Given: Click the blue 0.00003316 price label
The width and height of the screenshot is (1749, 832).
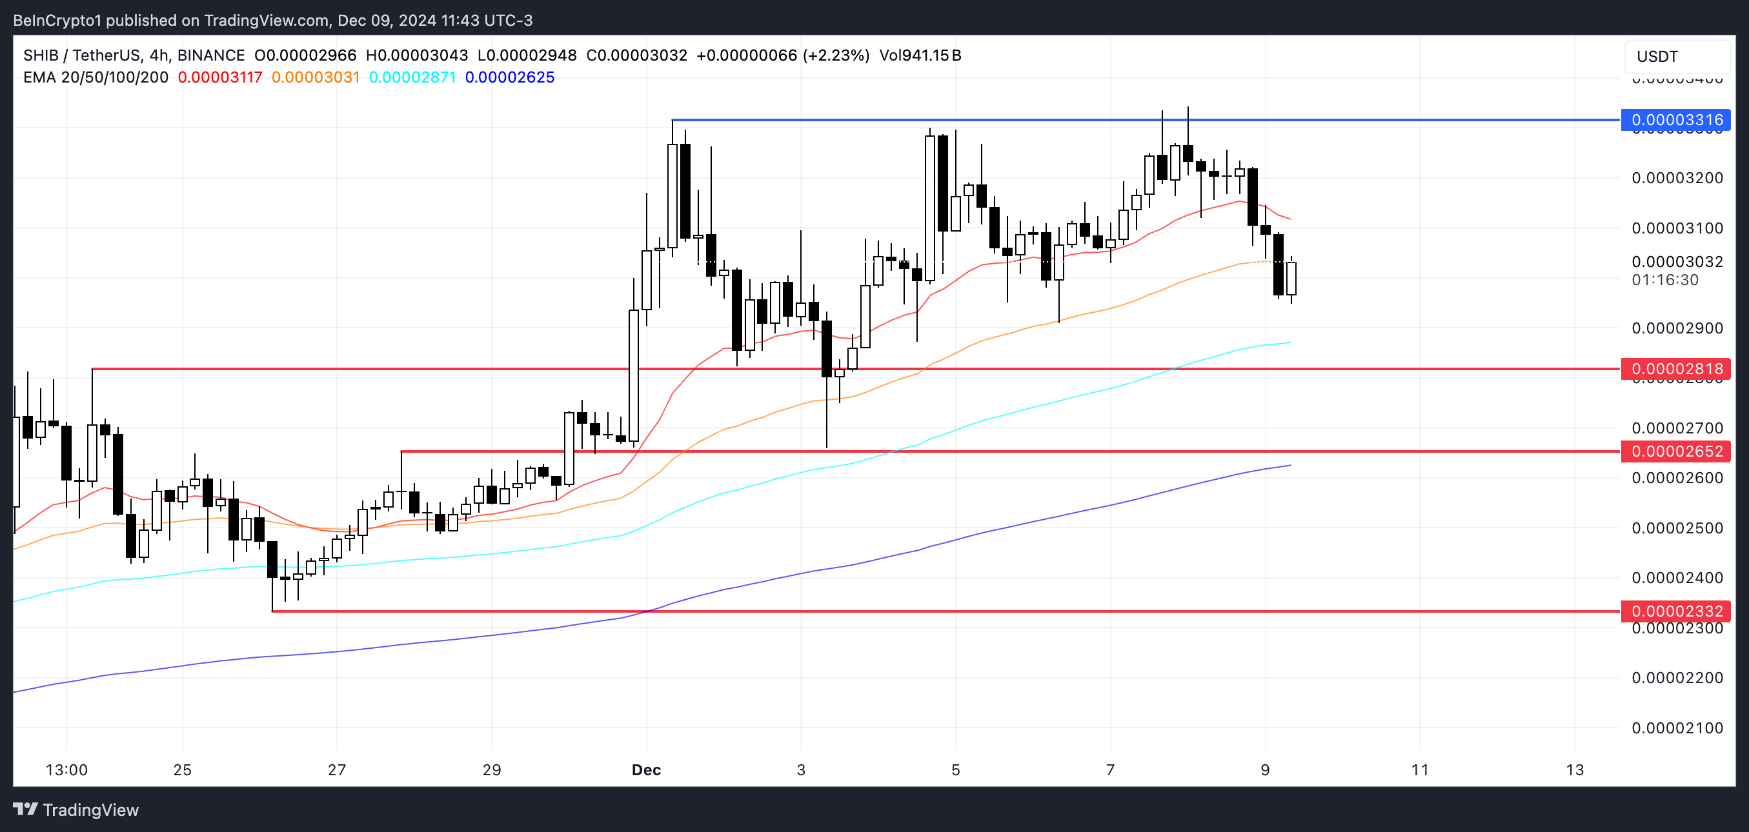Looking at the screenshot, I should coord(1675,120).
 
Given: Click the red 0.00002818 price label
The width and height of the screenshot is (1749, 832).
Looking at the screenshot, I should coord(1675,368).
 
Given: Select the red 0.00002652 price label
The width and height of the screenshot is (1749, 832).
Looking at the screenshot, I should coord(1675,451).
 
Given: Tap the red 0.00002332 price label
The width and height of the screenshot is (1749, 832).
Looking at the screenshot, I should coord(1675,611).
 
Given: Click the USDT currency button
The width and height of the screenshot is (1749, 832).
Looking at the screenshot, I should coord(1676,56).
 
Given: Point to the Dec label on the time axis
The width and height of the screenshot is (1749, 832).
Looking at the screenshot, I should coord(645,769).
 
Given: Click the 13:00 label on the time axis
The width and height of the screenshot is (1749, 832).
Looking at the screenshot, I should coord(66,769).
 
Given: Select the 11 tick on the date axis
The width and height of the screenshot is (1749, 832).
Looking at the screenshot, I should coord(1420,769).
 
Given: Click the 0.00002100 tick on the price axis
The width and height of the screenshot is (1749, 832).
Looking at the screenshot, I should coord(1677,728).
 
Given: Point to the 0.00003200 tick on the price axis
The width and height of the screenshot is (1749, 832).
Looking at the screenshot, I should coord(1677,178).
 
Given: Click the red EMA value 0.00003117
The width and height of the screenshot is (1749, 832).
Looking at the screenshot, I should coord(220,77).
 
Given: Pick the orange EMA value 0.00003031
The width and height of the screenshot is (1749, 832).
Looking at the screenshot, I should coord(316,77).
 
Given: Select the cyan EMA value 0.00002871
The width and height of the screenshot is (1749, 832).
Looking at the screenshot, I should coord(412,77).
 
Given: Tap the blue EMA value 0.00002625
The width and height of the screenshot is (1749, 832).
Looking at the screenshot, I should coord(509,77).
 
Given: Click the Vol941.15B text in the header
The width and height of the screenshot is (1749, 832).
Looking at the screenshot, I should coord(920,55).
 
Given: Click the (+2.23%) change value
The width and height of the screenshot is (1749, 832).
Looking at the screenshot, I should coord(836,55).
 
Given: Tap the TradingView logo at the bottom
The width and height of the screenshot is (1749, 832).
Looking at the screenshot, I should coord(76,809).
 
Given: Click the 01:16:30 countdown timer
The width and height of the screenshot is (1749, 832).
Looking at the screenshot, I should coord(1665,280).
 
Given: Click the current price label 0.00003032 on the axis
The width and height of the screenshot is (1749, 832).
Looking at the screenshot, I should coord(1677,261).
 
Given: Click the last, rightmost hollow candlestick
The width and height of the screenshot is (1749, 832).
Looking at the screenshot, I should coord(1291,278).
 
